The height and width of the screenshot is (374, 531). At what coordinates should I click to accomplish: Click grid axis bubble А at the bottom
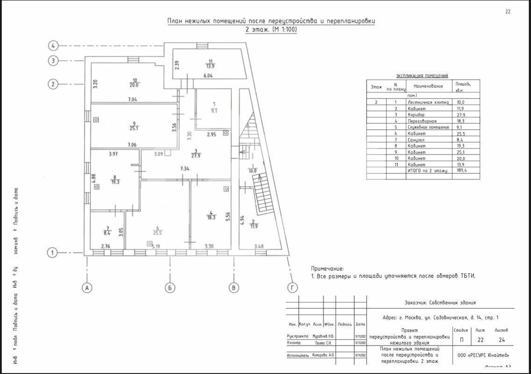[x=86, y=288]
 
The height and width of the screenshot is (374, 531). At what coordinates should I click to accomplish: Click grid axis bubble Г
[x=293, y=288]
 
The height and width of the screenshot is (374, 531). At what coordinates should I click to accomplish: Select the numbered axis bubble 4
[x=54, y=46]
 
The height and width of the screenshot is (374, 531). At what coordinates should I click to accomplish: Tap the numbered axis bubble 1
[x=53, y=253]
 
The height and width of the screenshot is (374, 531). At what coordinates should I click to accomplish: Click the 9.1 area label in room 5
[x=214, y=111]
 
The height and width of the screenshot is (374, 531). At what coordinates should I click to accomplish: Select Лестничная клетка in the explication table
[x=428, y=102]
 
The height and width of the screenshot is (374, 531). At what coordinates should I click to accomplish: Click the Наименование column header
[x=428, y=86]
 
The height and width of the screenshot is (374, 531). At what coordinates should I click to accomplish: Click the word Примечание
[x=327, y=268]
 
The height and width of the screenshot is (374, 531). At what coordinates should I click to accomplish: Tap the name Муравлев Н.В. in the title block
[x=323, y=336]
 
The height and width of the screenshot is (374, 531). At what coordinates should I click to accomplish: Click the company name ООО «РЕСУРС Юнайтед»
[x=483, y=355]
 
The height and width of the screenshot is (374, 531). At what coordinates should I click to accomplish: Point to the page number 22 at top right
[x=508, y=12]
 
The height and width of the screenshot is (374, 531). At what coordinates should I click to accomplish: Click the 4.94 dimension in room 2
[x=242, y=220]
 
